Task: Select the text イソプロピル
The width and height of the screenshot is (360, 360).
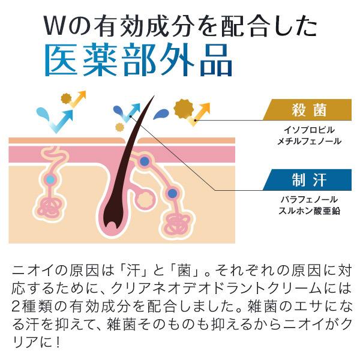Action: [x=308, y=130]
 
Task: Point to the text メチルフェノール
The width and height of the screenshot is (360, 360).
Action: [x=308, y=142]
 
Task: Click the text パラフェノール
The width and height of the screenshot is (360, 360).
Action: [x=308, y=199]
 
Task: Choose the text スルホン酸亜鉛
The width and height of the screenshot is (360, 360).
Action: [x=308, y=211]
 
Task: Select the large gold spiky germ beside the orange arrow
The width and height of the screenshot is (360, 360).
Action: [x=182, y=108]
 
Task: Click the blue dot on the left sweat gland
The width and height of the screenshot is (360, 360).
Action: [x=50, y=179]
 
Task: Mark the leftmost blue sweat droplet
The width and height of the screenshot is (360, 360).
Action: [x=43, y=113]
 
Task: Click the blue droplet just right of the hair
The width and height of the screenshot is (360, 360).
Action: [x=160, y=114]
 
